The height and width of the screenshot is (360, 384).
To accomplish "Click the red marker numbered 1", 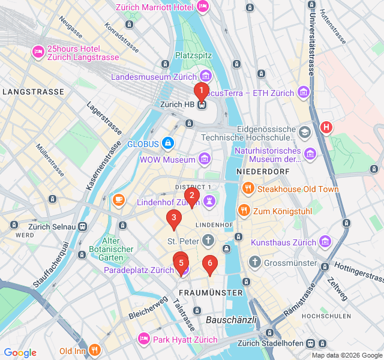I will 201,91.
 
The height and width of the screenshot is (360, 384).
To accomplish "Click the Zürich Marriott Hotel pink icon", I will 203,6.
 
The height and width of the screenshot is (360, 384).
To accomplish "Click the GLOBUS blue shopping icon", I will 167,143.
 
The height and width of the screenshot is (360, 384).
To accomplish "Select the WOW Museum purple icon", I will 205,159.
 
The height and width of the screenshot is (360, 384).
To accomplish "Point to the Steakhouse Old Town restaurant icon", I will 248,189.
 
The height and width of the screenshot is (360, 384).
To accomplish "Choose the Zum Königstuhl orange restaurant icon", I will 244,210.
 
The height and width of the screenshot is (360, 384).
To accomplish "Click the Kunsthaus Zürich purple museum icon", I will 325,242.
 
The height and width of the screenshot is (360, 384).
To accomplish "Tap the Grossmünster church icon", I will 255,262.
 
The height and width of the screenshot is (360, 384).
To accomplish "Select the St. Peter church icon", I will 208,241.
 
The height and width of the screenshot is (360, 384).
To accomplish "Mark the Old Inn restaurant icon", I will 94,350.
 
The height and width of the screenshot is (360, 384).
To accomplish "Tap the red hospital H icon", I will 326,127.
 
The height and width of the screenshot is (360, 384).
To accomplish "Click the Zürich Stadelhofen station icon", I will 310,343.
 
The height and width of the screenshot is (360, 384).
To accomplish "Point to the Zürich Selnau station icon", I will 82,226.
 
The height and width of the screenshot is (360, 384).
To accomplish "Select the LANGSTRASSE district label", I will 33,92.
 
